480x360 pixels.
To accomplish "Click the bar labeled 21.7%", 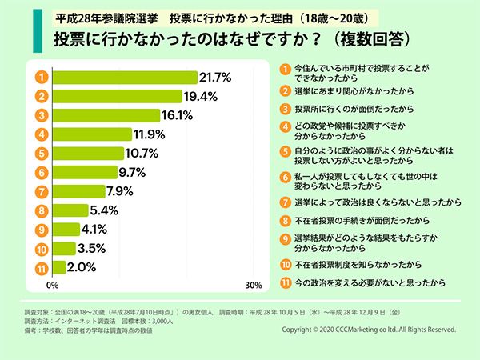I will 124,78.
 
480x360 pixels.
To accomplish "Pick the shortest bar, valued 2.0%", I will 59,266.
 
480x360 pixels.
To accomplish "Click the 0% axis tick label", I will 53,285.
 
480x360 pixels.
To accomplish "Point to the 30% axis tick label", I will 253,285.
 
